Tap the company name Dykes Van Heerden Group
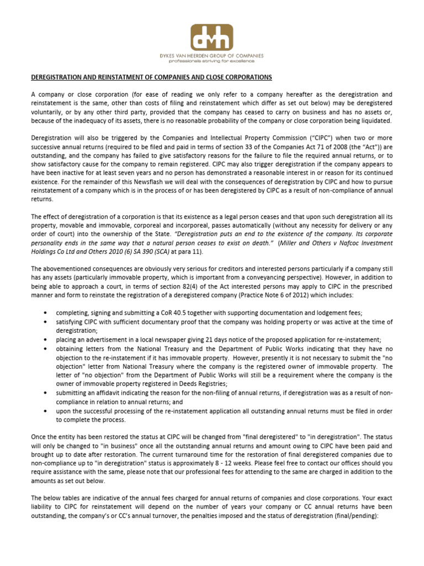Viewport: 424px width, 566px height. [212, 56]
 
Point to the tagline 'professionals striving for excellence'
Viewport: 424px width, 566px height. [212, 61]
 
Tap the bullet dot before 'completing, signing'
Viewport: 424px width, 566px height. [44, 313]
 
